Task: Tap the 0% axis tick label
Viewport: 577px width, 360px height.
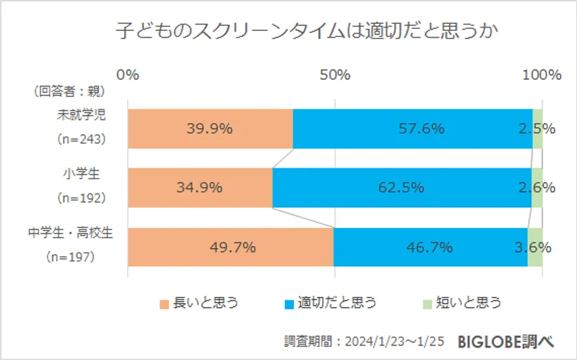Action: pyautogui.click(x=128, y=75)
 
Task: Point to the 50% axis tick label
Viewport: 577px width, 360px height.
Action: pyautogui.click(x=335, y=75)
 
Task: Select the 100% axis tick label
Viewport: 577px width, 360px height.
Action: pyautogui.click(x=542, y=75)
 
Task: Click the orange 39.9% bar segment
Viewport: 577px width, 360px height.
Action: pyautogui.click(x=210, y=128)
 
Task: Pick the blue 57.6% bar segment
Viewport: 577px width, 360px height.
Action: pyautogui.click(x=412, y=128)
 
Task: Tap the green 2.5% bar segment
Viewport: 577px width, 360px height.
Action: pyautogui.click(x=538, y=128)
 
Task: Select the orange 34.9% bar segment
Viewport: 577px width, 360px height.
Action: pyautogui.click(x=200, y=188)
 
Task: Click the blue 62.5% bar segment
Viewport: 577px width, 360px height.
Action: pyautogui.click(x=402, y=188)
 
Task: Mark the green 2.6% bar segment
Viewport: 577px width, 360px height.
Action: pyautogui.click(x=537, y=188)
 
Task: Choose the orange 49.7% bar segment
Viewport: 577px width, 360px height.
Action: pyautogui.click(x=231, y=247)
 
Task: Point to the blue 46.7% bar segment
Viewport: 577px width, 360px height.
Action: pyautogui.click(x=430, y=247)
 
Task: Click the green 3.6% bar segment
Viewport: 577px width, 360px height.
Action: pyautogui.click(x=535, y=247)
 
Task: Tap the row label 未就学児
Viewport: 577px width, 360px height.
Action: pyautogui.click(x=81, y=115)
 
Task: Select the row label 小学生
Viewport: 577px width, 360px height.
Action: pyautogui.click(x=82, y=174)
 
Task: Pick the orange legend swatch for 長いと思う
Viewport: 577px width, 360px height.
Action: pyautogui.click(x=164, y=304)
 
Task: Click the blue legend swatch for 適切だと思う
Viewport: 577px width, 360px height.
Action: pyautogui.click(x=288, y=304)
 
